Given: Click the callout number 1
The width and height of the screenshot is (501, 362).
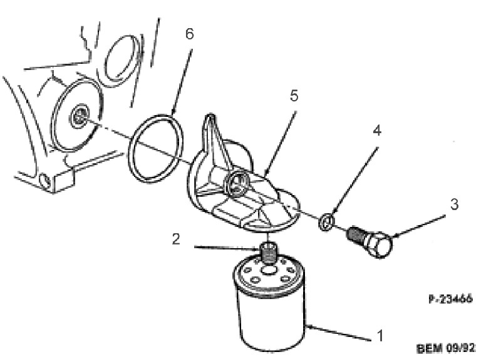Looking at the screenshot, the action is (x=380, y=336).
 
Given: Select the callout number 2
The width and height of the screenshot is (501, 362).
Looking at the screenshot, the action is (x=176, y=239).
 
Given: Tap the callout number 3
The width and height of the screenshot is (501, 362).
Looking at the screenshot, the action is (x=455, y=204).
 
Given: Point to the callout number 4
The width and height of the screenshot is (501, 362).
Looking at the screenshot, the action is (x=377, y=131).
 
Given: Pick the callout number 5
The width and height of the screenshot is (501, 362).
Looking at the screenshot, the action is (x=294, y=96).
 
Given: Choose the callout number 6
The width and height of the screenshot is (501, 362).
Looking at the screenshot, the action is (x=190, y=34).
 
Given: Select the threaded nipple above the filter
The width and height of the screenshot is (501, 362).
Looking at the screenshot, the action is (x=269, y=251).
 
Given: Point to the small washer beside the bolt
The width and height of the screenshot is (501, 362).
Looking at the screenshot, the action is (x=326, y=221).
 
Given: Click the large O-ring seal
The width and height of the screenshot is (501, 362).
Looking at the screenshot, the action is (x=155, y=148).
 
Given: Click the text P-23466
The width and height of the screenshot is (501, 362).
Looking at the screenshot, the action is (x=450, y=299).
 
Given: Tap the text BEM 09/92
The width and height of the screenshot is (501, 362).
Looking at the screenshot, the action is (x=446, y=348).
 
